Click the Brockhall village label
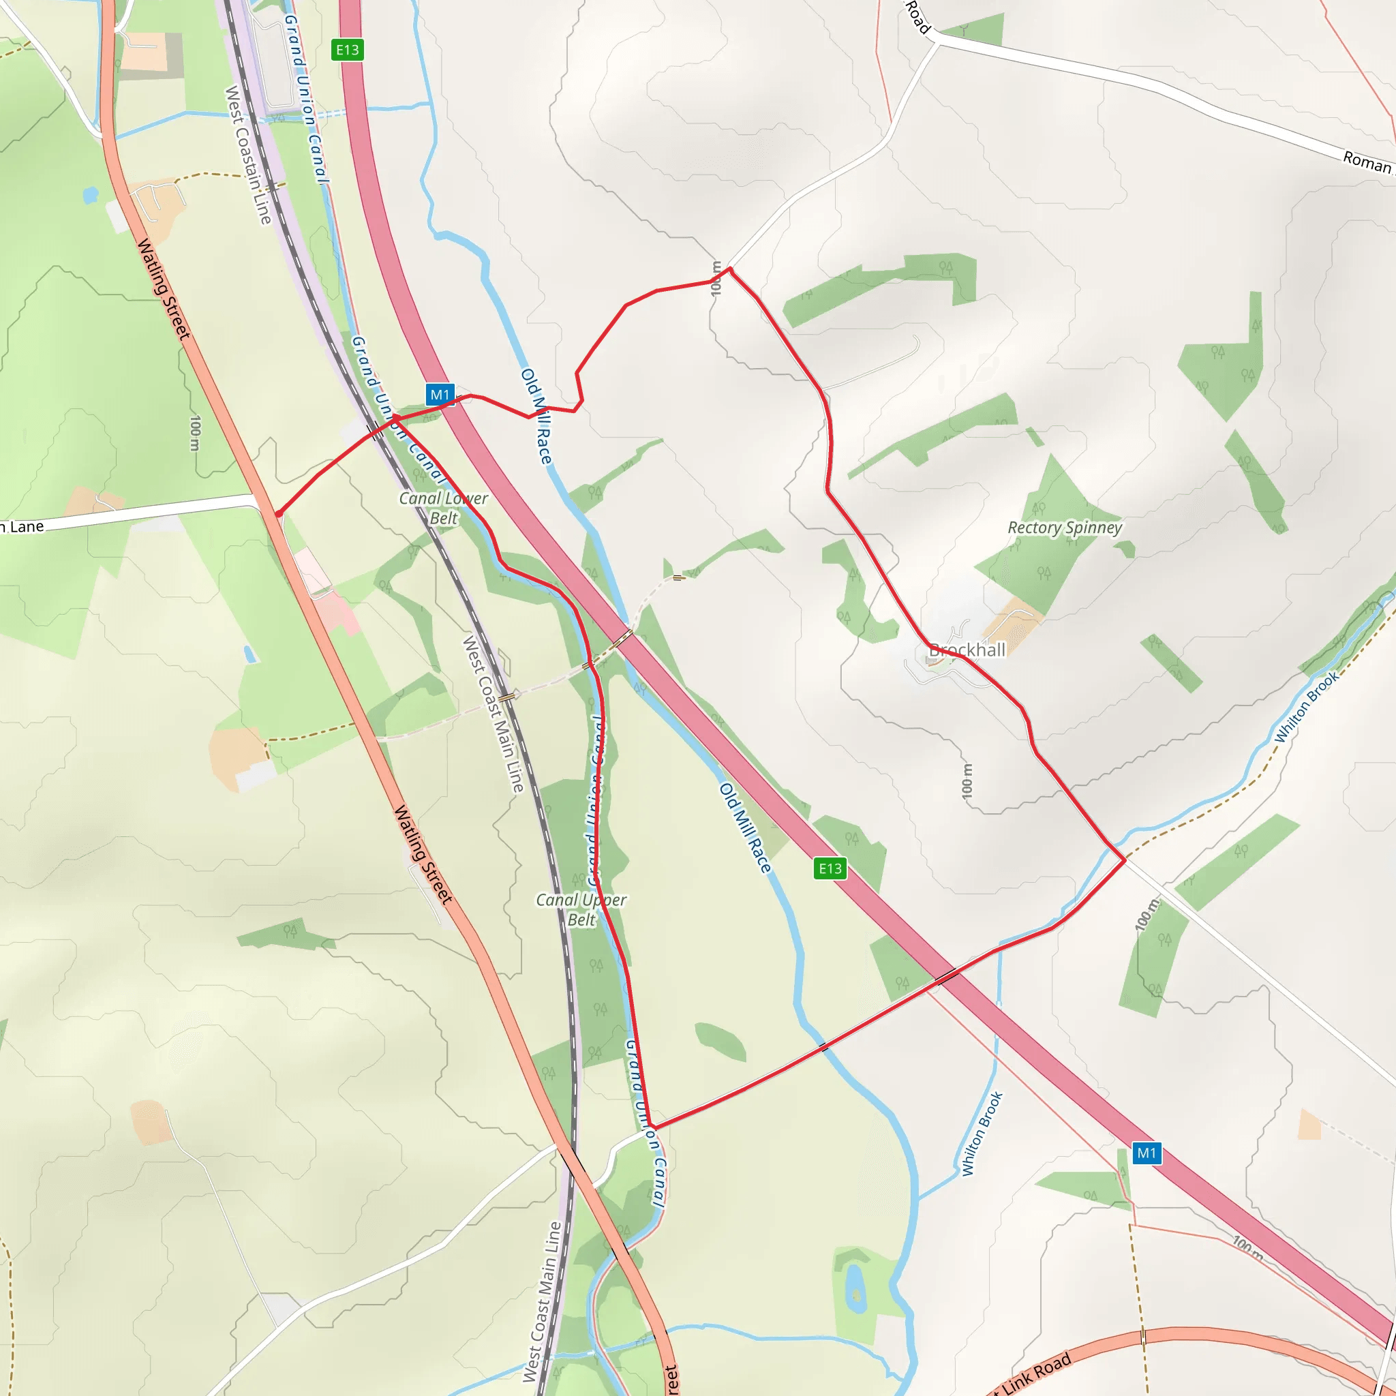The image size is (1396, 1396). tap(967, 650)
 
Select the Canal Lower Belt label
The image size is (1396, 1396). tap(444, 507)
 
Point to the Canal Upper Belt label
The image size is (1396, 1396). tap(581, 909)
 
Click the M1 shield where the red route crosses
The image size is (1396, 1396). tap(440, 395)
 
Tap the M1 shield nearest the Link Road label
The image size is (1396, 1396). tap(1146, 1153)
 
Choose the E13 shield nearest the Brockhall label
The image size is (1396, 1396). tap(830, 868)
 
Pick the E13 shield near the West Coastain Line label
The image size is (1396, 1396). tap(347, 50)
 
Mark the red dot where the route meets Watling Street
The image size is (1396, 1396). tap(278, 514)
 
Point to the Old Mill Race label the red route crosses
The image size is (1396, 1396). tap(537, 416)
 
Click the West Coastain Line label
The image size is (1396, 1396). tap(248, 155)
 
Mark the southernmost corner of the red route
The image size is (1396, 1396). tap(651, 1126)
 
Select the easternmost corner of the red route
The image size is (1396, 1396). tap(1124, 860)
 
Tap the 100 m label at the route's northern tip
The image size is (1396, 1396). tap(716, 278)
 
